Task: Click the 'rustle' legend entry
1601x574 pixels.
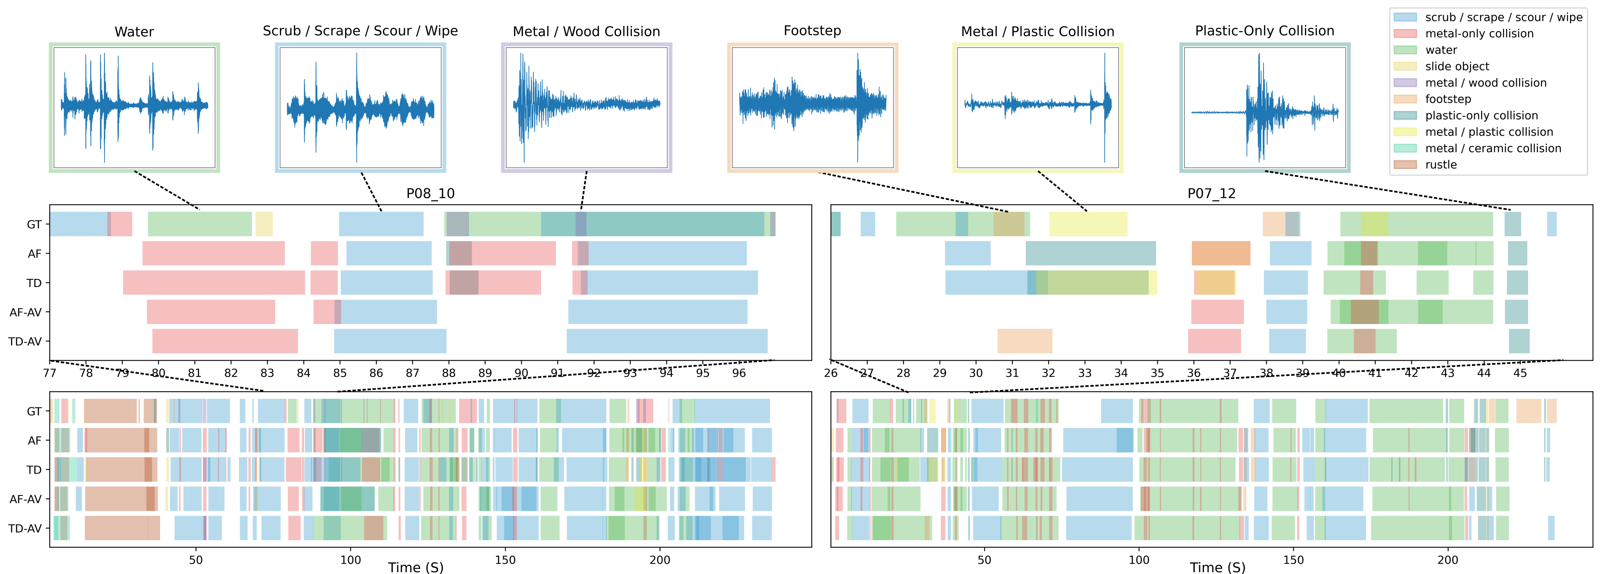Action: click(1440, 165)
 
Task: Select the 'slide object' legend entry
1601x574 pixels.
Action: click(1457, 66)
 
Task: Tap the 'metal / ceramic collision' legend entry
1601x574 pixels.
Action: click(1493, 149)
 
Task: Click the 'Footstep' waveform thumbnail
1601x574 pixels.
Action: click(812, 107)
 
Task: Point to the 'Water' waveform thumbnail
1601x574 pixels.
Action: click(134, 107)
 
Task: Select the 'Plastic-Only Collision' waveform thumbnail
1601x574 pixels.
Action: click(1264, 107)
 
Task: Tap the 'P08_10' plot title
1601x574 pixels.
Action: click(430, 193)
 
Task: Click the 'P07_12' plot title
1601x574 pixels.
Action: click(1211, 193)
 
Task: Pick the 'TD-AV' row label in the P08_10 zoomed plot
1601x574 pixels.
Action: click(25, 341)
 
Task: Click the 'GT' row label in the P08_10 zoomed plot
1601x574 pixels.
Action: click(34, 225)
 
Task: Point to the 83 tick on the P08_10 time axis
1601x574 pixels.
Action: click(267, 373)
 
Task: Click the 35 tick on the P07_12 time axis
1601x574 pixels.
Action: click(1157, 373)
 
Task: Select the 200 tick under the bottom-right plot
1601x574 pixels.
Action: click(1447, 560)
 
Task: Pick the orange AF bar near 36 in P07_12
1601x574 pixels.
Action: click(1220, 254)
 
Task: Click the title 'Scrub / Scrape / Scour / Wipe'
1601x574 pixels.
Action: click(360, 31)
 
